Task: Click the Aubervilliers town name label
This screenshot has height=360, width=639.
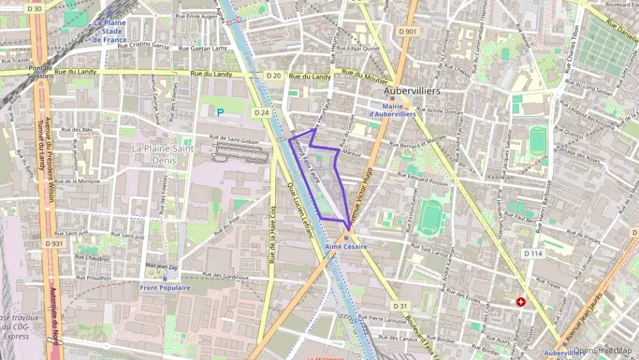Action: click(412, 90)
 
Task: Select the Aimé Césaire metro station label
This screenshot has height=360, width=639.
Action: click(346, 246)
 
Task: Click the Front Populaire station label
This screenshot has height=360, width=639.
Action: click(165, 288)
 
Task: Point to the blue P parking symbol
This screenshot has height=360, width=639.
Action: click(220, 112)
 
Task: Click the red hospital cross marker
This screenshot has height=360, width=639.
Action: click(522, 301)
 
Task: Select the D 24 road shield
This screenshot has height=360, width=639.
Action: click(259, 112)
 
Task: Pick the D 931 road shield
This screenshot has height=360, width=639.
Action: click(54, 243)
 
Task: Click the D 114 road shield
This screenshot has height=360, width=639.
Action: click(532, 253)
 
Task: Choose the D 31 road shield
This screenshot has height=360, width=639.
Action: click(400, 306)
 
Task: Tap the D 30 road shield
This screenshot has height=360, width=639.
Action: click(34, 9)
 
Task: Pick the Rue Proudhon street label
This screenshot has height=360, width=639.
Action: click(94, 278)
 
